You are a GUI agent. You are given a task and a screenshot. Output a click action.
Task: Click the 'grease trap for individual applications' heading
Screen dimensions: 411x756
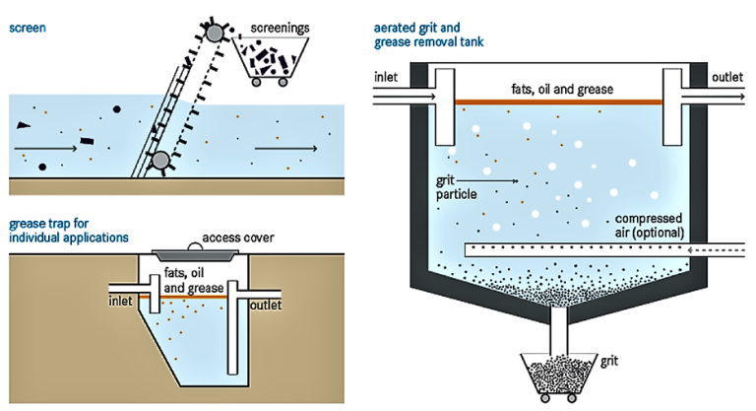(68, 231)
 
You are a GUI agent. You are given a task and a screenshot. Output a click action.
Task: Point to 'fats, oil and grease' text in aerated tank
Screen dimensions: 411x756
(561, 89)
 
